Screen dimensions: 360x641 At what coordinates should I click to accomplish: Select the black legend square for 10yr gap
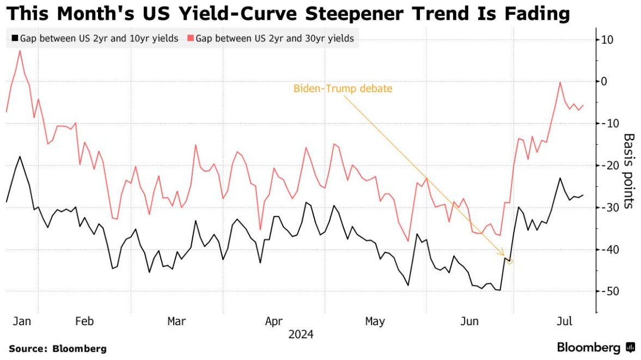(15, 39)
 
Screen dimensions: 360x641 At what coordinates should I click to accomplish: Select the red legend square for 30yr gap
(190, 39)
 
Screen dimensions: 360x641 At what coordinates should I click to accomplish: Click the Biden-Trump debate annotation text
(343, 88)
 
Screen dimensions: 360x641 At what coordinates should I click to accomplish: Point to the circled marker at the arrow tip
(510, 261)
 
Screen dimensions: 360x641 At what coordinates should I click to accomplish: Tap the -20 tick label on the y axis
(606, 166)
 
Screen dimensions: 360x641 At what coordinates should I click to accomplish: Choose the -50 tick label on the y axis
(606, 291)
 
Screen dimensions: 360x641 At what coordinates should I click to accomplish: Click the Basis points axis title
(628, 170)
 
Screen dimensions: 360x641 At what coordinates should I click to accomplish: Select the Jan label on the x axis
(22, 321)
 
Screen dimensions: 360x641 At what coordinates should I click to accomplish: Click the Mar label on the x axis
(177, 321)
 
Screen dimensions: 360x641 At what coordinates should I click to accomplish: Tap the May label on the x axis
(375, 321)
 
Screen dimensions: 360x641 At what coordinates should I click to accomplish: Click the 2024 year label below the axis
(302, 334)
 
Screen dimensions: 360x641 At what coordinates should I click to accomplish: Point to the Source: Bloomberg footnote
(58, 349)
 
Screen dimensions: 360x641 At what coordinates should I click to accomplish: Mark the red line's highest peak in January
(20, 51)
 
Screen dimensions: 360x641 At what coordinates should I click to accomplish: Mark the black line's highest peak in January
(20, 157)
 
